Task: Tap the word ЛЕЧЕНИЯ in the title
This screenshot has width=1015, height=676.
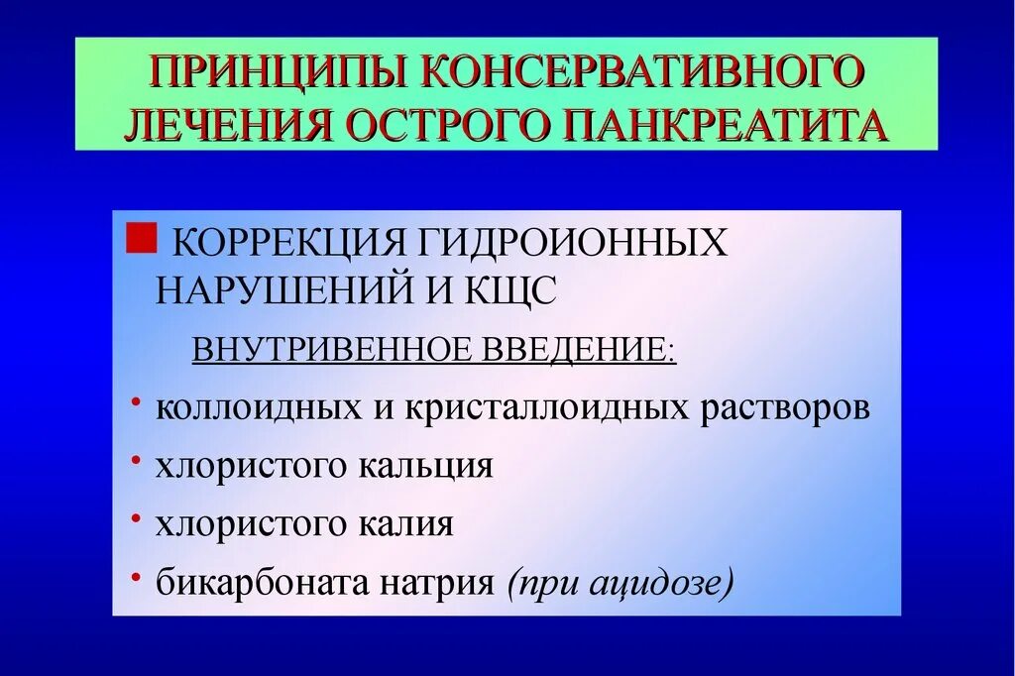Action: point(224,126)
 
